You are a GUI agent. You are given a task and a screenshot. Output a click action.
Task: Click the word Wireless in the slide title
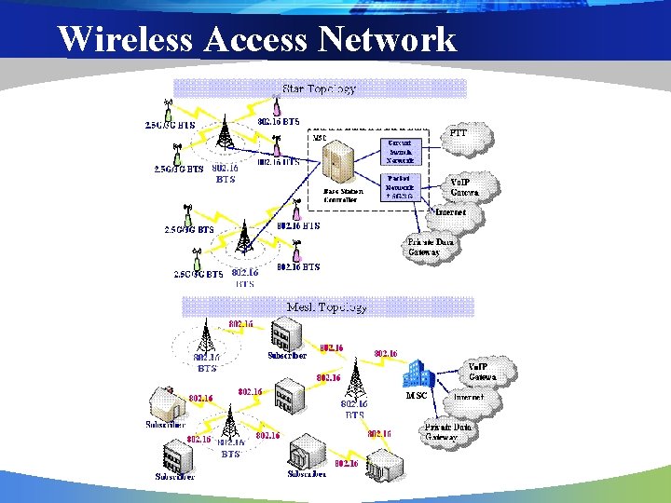pos(124,39)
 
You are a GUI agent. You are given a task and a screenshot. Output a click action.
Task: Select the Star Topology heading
pos(319,89)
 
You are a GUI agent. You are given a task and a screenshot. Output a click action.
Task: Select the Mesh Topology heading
pos(326,306)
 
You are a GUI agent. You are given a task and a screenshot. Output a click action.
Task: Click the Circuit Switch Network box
pos(403,151)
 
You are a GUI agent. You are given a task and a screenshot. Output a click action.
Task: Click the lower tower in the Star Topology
pos(243,238)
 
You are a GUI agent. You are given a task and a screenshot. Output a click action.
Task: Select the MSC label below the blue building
pos(416,396)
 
